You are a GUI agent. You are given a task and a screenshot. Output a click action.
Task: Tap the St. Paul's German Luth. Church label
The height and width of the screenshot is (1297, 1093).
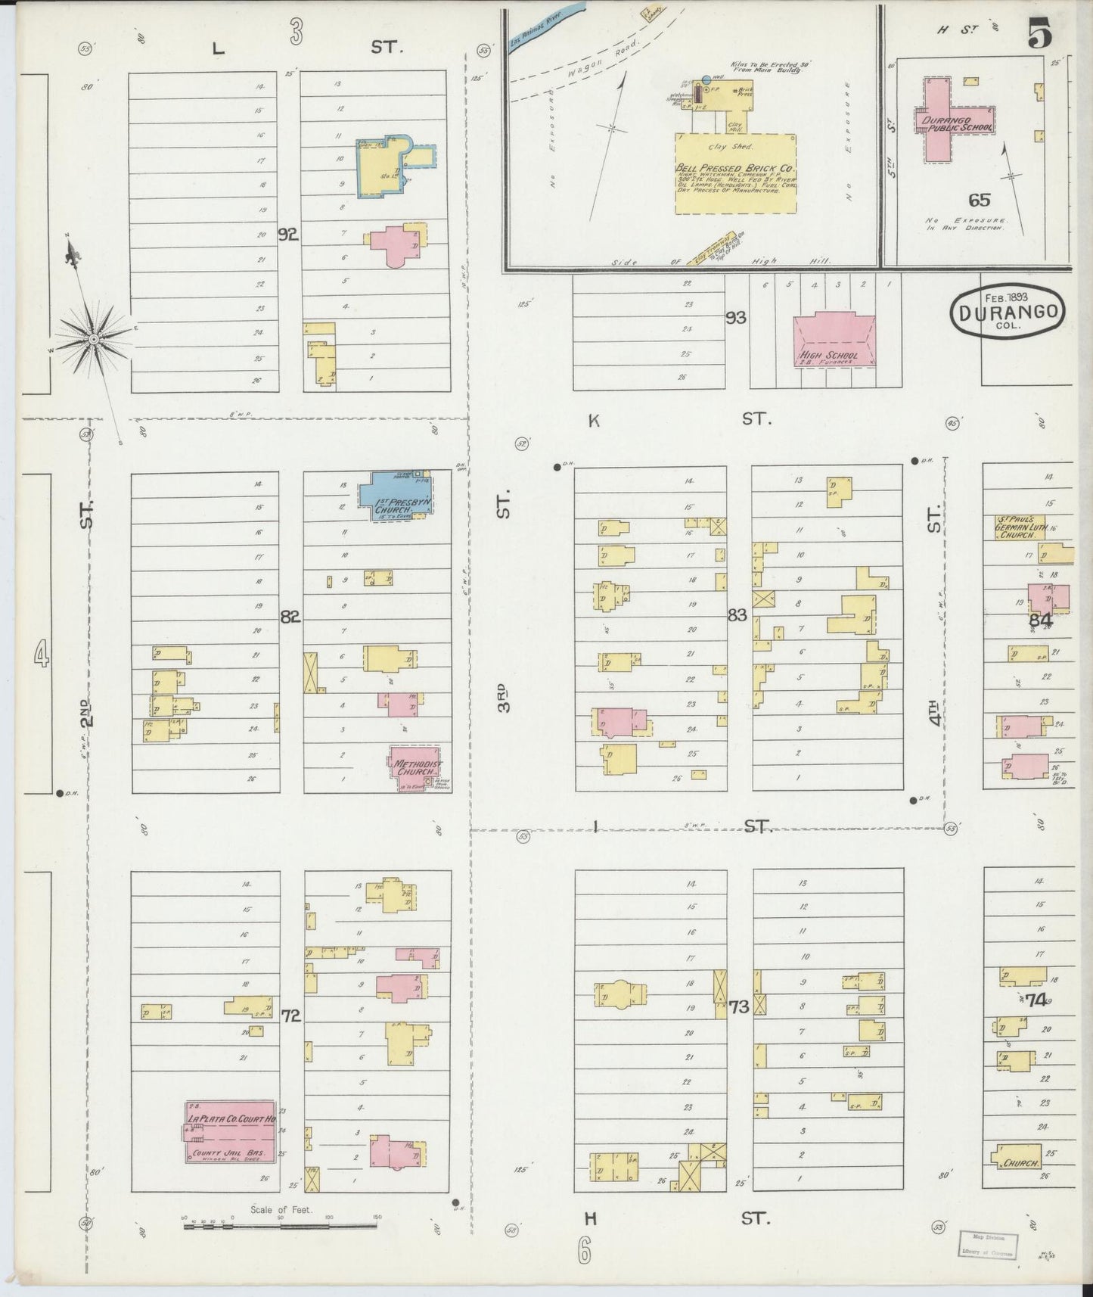tap(1020, 527)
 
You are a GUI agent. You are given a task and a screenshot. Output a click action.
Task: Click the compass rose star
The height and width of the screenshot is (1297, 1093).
tap(93, 339)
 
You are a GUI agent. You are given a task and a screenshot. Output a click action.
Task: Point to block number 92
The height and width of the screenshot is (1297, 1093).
tap(287, 235)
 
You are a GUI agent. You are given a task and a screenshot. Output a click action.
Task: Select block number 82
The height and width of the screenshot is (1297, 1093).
tap(290, 617)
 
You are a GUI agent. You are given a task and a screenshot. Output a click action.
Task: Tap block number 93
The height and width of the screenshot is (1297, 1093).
tap(735, 318)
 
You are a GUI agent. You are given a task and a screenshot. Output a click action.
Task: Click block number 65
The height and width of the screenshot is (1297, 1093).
tap(979, 200)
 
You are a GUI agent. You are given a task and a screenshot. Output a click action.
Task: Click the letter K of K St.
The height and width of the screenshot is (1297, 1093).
tap(594, 421)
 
